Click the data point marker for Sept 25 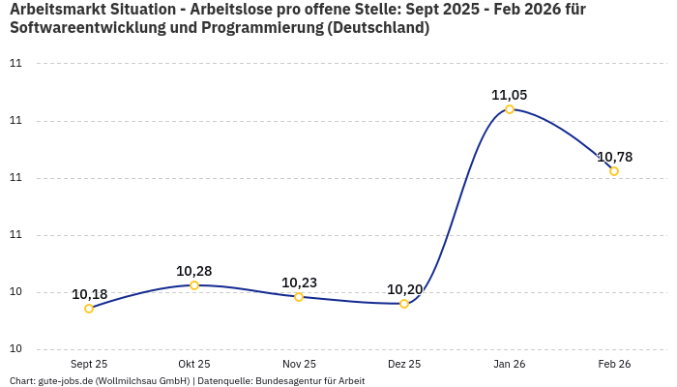coord(89,309)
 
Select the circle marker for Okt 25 coord(194,285)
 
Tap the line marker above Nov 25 coord(299,297)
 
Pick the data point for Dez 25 coord(404,304)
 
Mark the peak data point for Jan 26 coord(510,109)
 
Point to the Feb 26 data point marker coord(614,171)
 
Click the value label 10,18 coord(89,294)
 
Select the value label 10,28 coord(194,271)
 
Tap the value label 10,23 coord(299,283)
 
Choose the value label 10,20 coord(404,289)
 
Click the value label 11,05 coord(510,95)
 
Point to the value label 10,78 coord(614,157)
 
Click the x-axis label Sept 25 coord(89,364)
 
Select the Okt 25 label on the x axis coord(194,364)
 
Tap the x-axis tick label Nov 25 coord(299,364)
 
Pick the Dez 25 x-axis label coord(404,364)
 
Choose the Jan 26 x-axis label coord(510,364)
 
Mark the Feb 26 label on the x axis coord(614,364)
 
